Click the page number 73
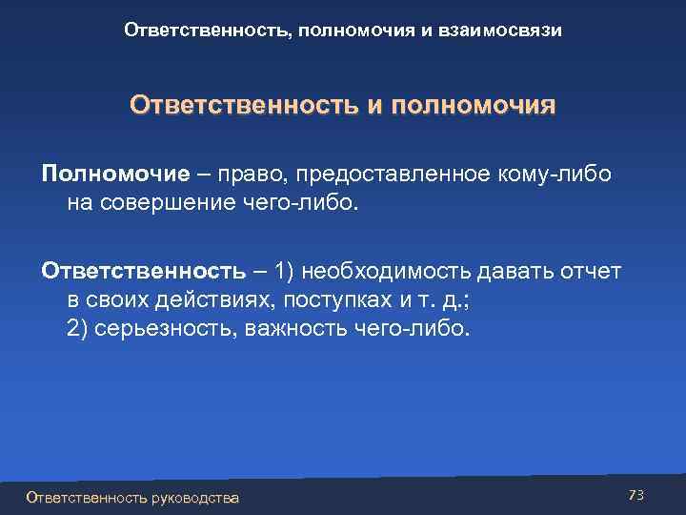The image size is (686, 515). click(637, 495)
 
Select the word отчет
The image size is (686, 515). click(593, 272)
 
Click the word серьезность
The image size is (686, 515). click(171, 329)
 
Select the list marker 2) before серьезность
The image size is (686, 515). click(79, 329)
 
